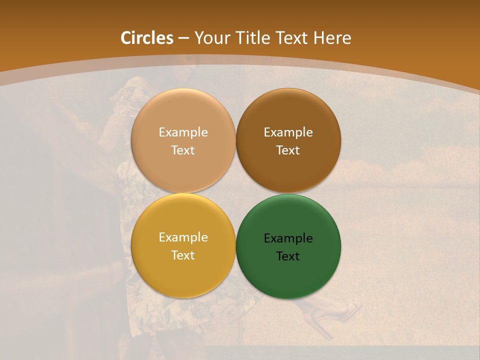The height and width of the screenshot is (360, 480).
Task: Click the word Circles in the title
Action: (x=147, y=38)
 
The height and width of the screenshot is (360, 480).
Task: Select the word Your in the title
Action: (x=210, y=38)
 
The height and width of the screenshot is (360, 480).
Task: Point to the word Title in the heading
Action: (x=251, y=38)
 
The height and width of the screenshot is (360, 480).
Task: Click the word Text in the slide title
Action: (x=292, y=38)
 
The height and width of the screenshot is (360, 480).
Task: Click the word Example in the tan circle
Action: (x=183, y=132)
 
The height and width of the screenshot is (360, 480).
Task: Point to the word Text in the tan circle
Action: (x=183, y=150)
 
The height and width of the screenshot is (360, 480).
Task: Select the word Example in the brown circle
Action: (x=288, y=132)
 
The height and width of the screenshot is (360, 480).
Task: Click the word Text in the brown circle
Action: (x=288, y=150)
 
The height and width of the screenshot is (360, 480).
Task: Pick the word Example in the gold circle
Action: (x=183, y=237)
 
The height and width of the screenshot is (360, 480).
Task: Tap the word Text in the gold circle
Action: (x=183, y=255)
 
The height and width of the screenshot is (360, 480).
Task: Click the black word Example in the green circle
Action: (x=288, y=238)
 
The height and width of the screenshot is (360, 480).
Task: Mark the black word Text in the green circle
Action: (x=288, y=256)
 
